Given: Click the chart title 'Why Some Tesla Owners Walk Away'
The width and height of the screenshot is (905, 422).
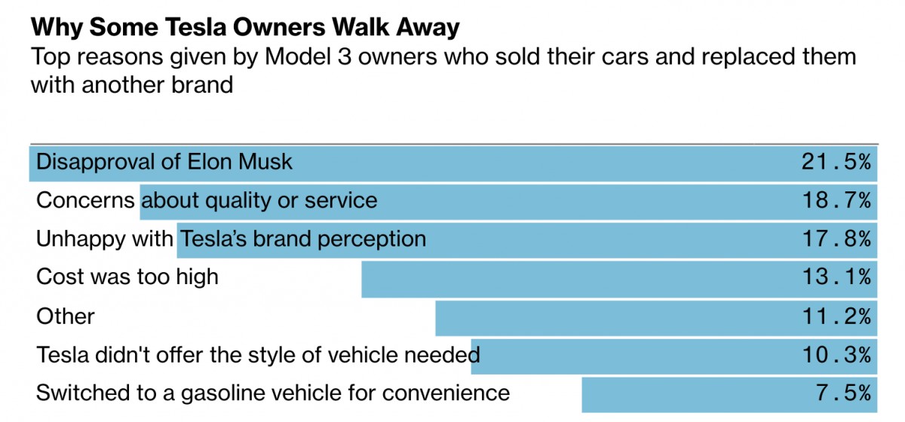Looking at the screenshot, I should [244, 28].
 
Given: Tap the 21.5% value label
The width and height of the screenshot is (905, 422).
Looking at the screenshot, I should [836, 162].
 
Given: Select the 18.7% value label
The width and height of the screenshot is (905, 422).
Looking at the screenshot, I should [836, 200].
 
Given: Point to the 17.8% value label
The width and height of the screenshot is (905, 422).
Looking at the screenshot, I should [836, 239].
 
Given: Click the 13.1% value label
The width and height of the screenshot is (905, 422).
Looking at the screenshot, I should [836, 277].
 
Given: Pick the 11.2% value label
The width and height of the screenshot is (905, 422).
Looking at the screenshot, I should [836, 316].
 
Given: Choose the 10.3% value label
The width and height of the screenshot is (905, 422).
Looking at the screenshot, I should [836, 354].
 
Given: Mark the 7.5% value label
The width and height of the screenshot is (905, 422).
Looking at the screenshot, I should [846, 393].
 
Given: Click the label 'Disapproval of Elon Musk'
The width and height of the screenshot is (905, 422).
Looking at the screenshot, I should [164, 162].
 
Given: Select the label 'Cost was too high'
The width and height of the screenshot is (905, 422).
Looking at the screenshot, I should [127, 277].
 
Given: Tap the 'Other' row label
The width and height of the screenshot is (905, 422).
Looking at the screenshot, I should [66, 316].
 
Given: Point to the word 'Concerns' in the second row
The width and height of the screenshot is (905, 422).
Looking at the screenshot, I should [86, 200].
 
